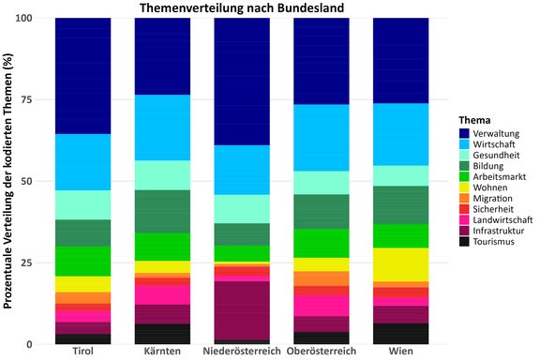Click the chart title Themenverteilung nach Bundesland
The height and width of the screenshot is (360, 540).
[x=241, y=8]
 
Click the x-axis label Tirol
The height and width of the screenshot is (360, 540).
[x=82, y=352]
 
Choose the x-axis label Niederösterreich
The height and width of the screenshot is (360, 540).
[x=242, y=352]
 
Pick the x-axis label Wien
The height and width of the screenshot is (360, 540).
[x=401, y=352]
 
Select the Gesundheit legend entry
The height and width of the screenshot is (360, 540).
[x=497, y=155]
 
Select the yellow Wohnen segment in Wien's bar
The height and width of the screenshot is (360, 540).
[x=401, y=264]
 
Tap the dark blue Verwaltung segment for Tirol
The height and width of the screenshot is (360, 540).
[x=82, y=76]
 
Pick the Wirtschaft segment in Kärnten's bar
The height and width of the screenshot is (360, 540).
[x=162, y=127]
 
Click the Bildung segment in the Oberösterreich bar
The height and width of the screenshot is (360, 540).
[x=322, y=211]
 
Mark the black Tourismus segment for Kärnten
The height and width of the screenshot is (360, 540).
[x=162, y=334]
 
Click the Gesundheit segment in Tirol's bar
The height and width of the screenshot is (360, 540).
[x=82, y=204]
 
